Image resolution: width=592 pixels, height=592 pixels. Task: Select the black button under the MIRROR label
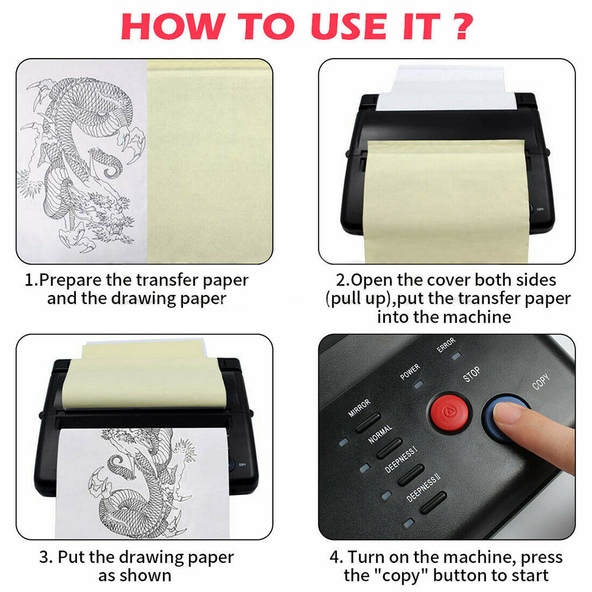tap(368, 422)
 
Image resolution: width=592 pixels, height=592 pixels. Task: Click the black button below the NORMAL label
tap(390, 448)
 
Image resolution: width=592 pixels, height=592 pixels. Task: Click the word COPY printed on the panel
tap(540, 381)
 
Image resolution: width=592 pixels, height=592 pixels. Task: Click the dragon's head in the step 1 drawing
tap(115, 222)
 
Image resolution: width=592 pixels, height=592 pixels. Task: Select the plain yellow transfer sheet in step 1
tap(207, 160)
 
